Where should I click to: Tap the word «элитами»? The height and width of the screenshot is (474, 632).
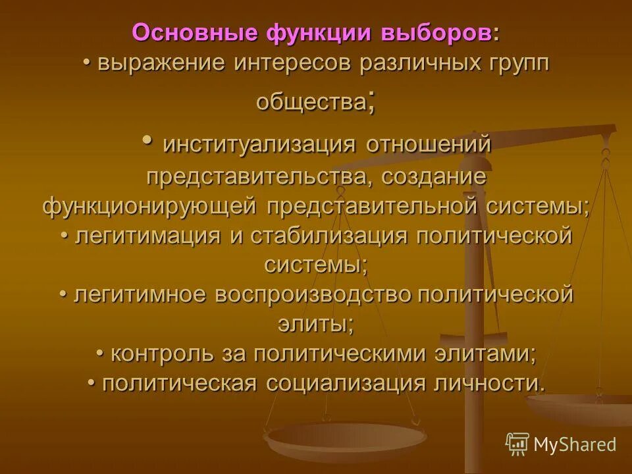(x=485, y=354)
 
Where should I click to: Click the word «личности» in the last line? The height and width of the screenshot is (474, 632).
(x=488, y=383)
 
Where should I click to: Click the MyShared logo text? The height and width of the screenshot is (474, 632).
(x=574, y=444)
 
